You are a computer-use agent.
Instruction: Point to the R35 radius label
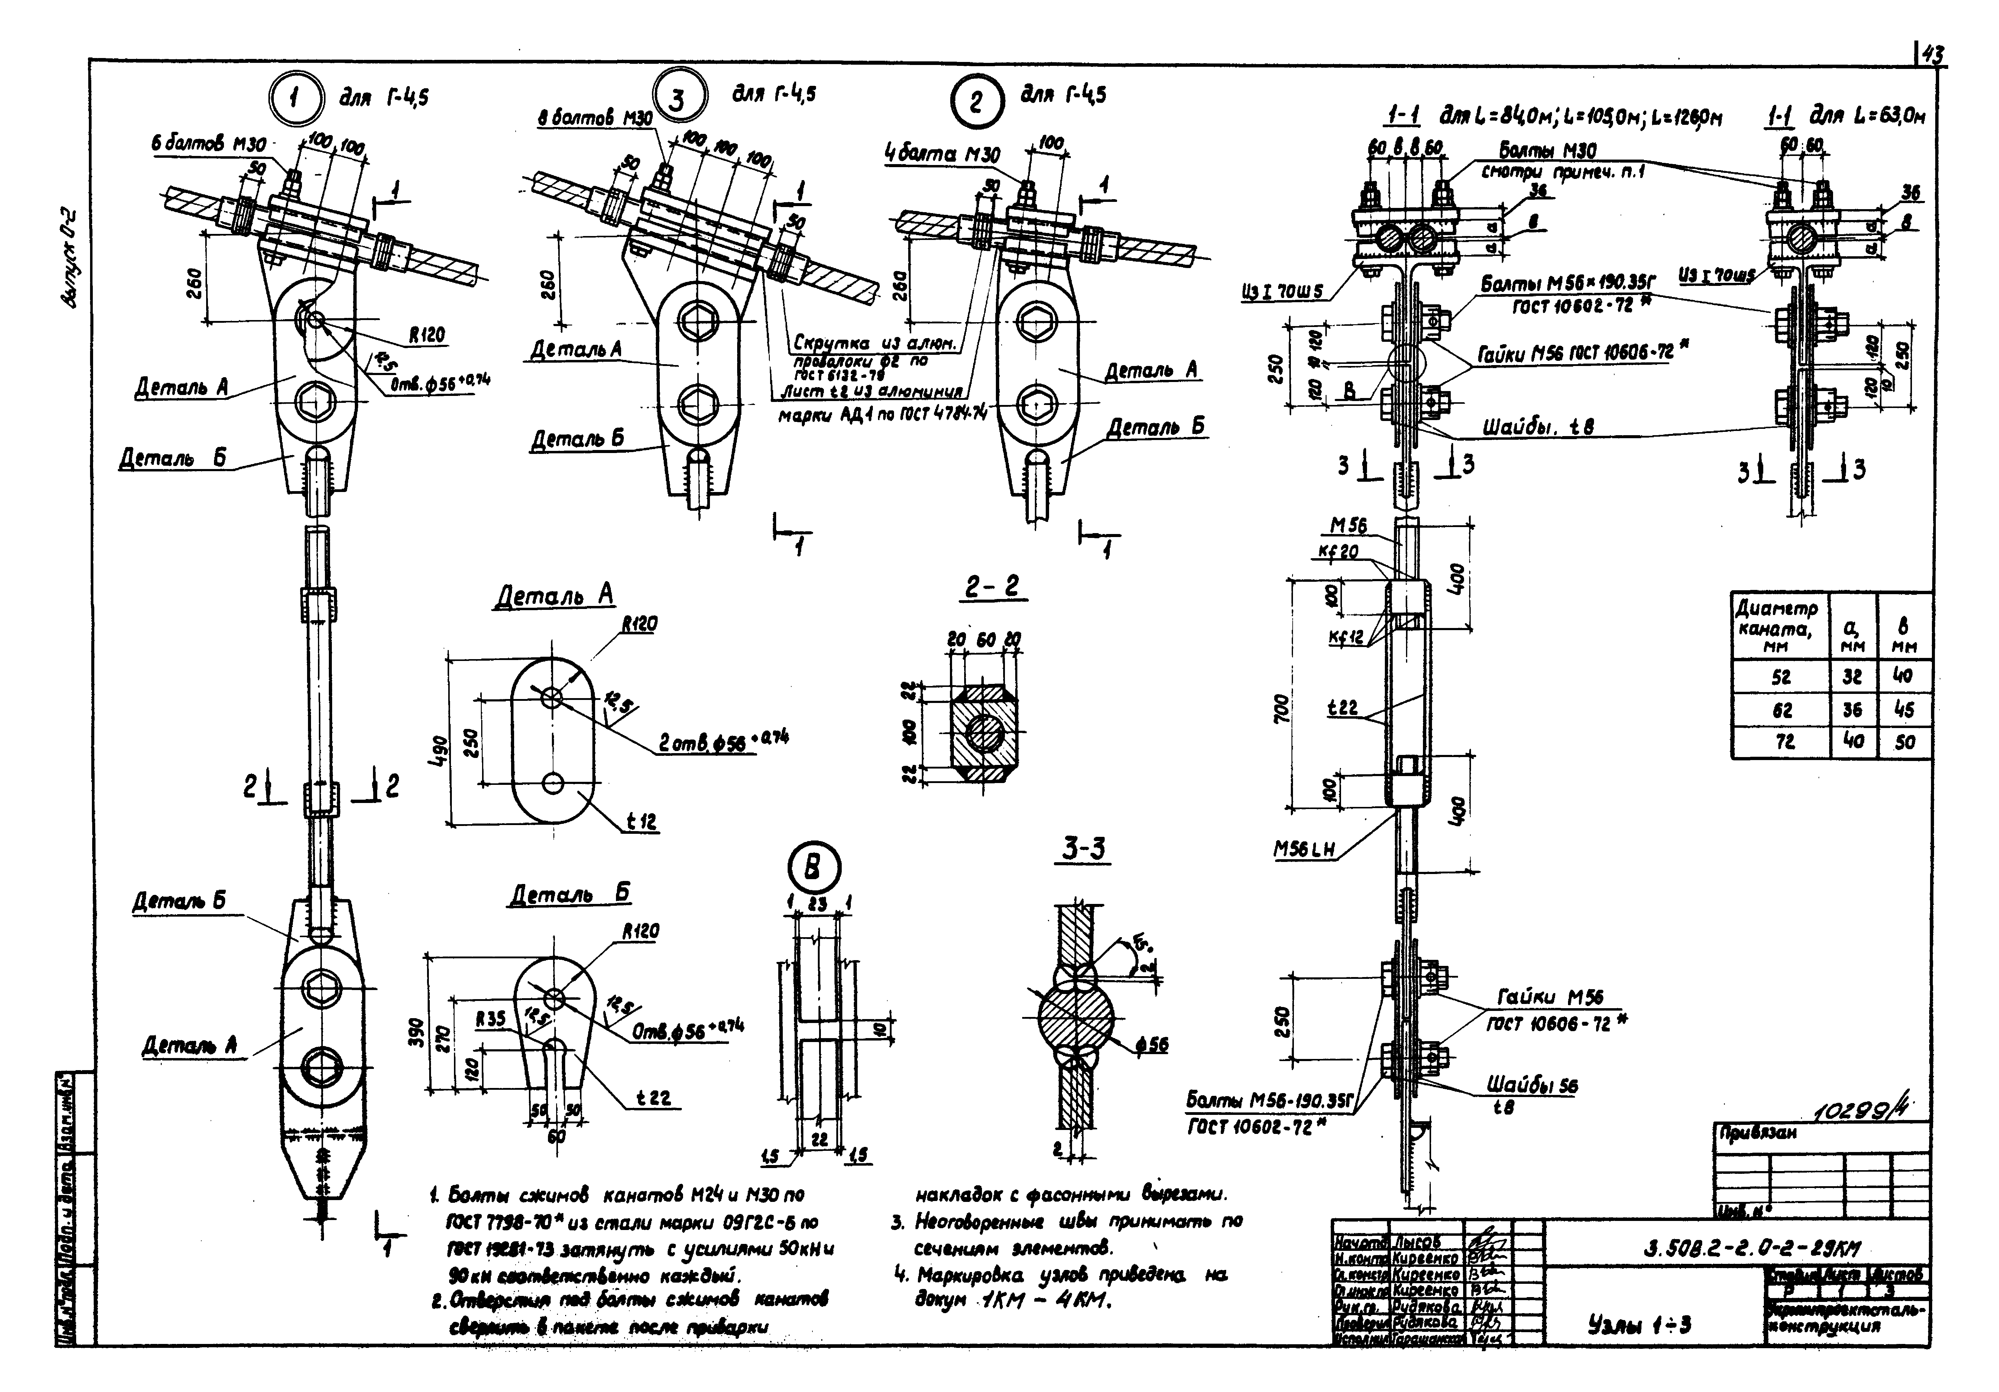tap(490, 1018)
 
